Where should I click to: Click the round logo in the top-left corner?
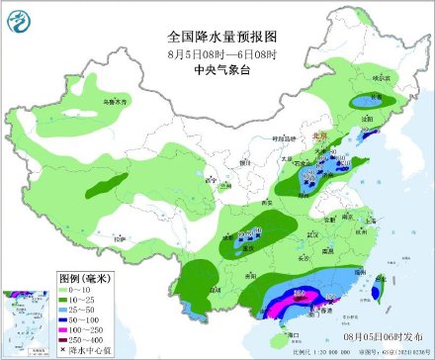tap(18, 18)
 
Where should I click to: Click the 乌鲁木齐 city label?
tap(117, 102)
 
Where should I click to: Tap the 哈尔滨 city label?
tap(380, 75)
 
